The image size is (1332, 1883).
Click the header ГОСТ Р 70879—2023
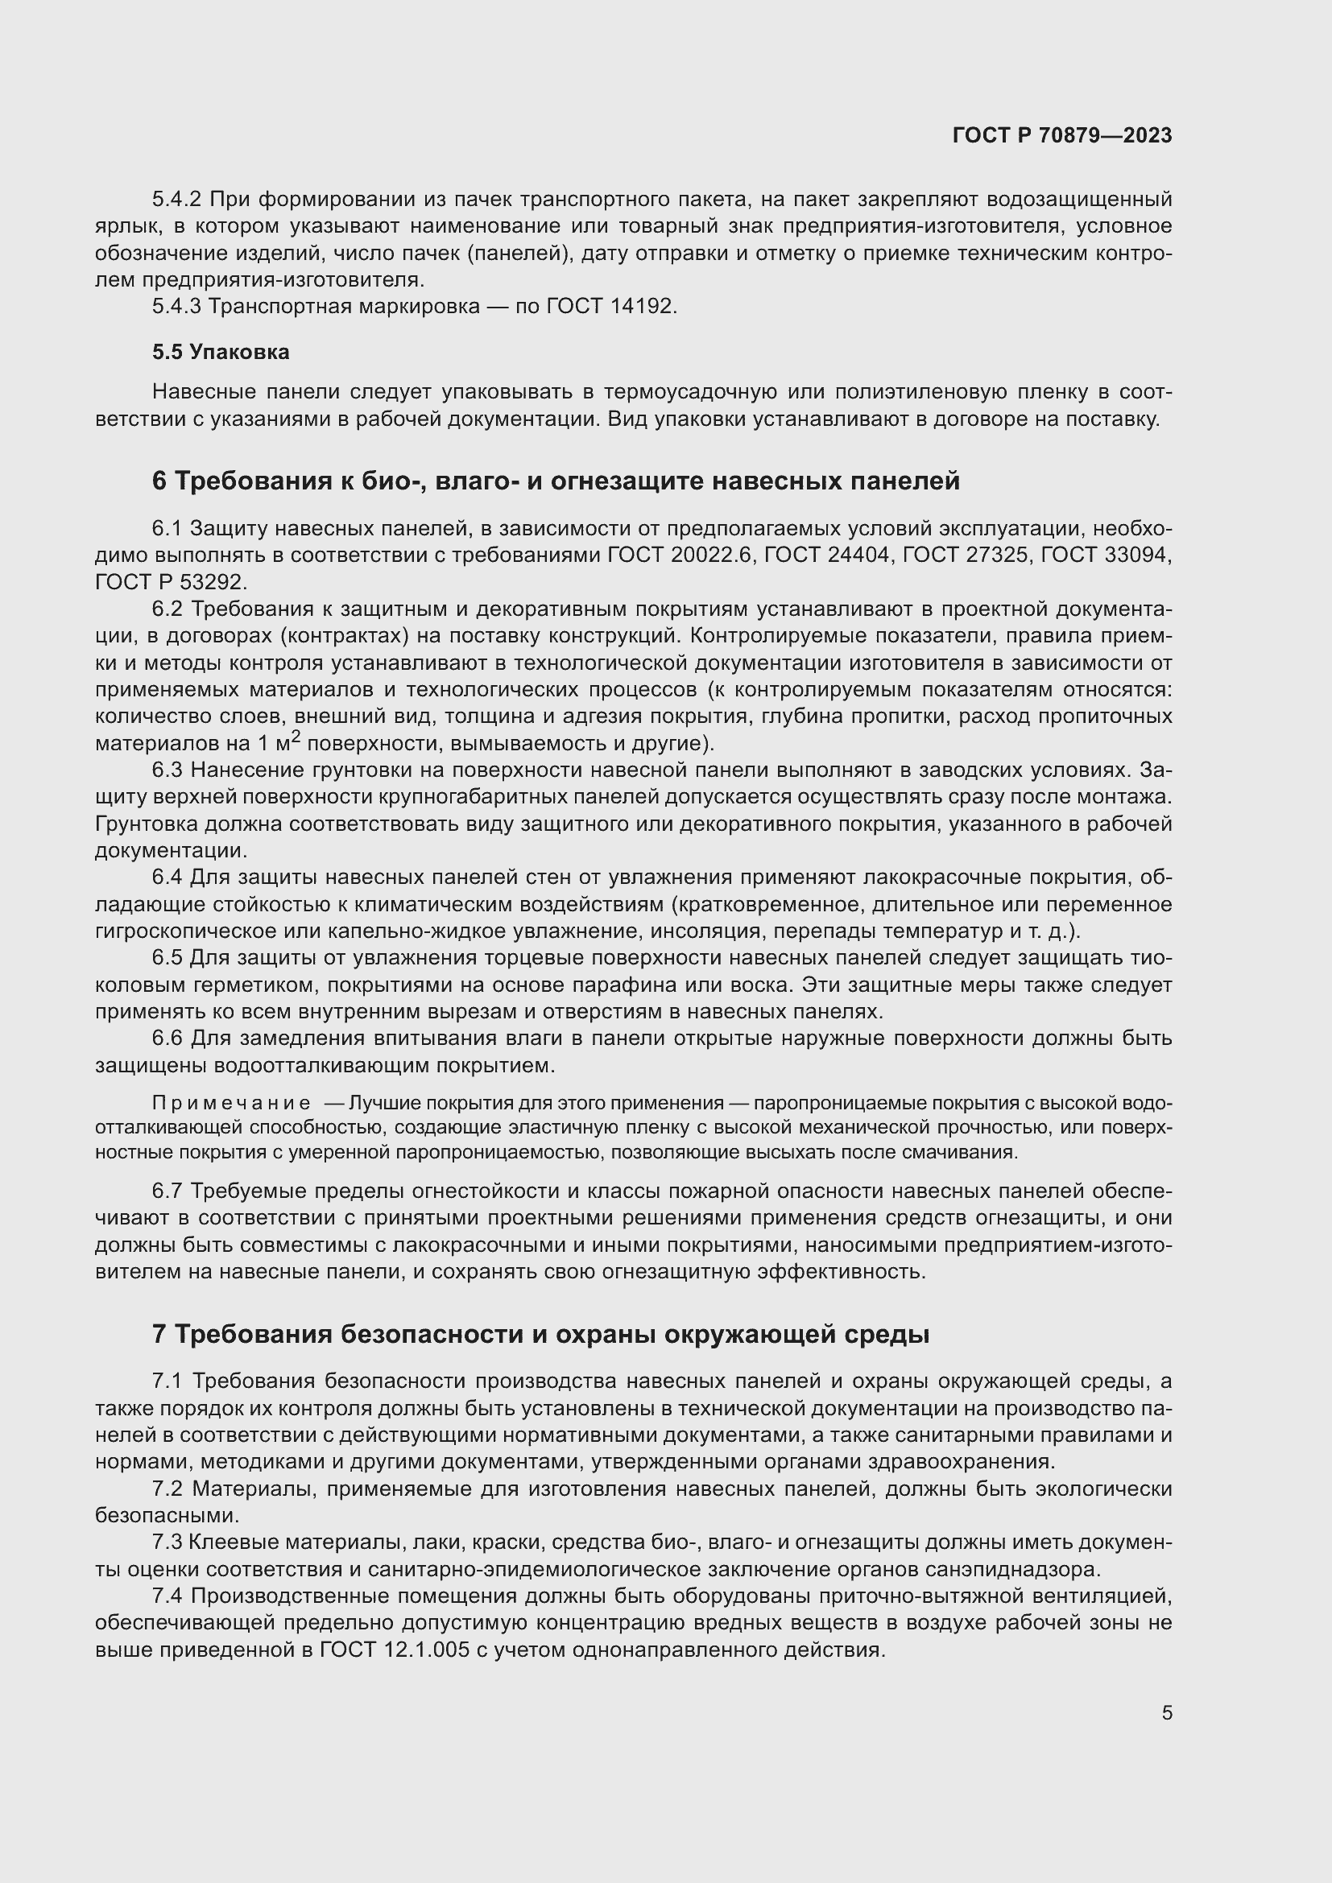coord(1062,136)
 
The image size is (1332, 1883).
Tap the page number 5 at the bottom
coord(1166,1712)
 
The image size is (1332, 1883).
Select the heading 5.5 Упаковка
coord(221,352)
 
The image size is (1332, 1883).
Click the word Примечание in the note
coord(231,1103)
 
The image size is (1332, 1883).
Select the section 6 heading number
coord(159,481)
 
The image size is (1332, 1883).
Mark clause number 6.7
coord(167,1190)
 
